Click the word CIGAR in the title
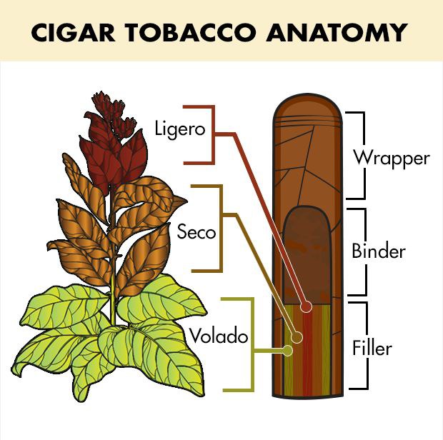coord(73,32)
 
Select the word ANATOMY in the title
coord(337,32)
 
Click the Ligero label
coord(180,129)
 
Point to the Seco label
coord(196,231)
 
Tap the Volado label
coord(219,336)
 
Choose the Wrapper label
coord(392,159)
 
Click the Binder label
coord(379,250)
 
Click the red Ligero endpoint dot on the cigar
coord(306,306)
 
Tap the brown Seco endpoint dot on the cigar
coord(297,337)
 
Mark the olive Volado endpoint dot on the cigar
coord(288,351)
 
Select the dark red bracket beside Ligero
coord(213,135)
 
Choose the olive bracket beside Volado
coord(252,344)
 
